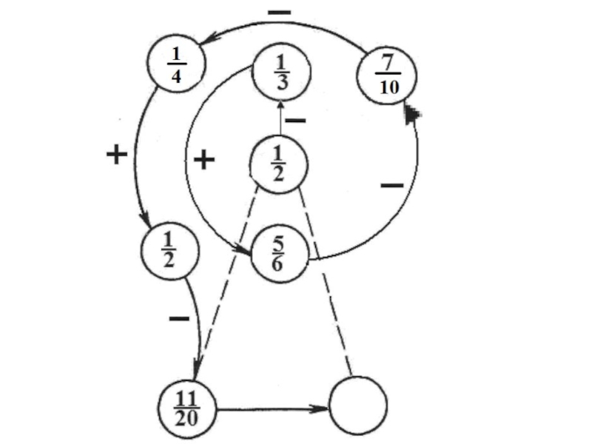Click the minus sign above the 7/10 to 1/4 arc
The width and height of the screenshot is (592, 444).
pos(279,13)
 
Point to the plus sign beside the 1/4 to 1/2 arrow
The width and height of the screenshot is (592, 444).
pos(116,155)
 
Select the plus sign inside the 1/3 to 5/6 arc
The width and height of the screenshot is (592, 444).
pos(203,160)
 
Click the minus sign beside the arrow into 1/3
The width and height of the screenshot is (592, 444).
pos(295,120)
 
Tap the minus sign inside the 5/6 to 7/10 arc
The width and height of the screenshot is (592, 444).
pos(392,184)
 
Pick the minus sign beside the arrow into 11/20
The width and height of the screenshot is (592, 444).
pos(179,319)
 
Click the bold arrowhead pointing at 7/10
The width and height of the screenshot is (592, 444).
pos(411,113)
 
